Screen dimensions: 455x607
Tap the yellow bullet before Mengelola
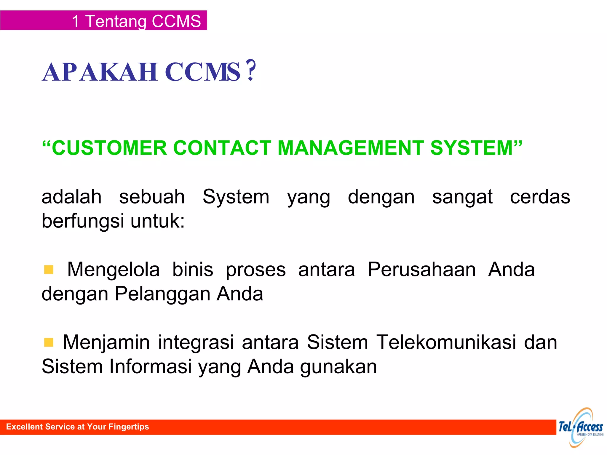tap(49, 270)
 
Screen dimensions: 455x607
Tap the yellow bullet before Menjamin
tap(49, 342)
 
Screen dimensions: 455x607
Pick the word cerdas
tap(540, 197)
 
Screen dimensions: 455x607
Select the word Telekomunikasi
tap(446, 342)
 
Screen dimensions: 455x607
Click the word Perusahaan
tap(421, 270)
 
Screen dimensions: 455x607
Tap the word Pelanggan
tap(162, 294)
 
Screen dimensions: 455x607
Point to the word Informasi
tap(151, 366)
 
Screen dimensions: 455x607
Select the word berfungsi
tap(83, 221)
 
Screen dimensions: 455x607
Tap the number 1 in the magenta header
tap(76, 21)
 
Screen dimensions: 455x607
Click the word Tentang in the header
tap(116, 22)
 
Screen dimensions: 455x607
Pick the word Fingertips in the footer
tap(129, 427)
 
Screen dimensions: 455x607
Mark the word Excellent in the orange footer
tap(24, 427)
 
